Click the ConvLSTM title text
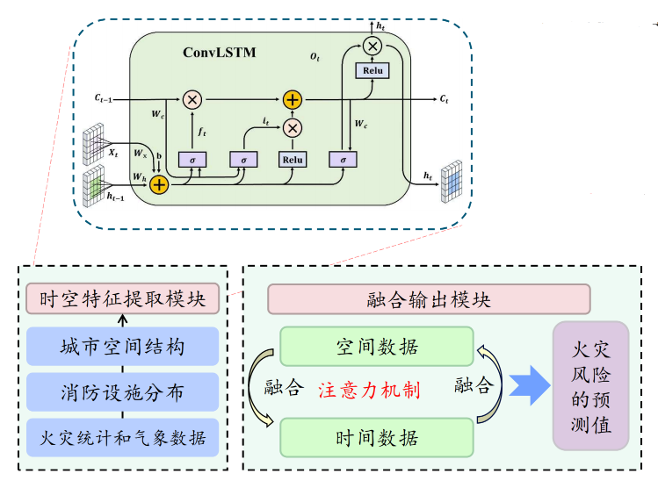[x=220, y=52]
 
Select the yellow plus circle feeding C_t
[x=292, y=99]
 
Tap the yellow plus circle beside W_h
[x=159, y=184]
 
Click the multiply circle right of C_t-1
[x=192, y=99]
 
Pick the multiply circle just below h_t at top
[x=372, y=46]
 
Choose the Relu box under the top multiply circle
[x=372, y=70]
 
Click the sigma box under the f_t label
[x=192, y=160]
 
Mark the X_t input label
[x=112, y=153]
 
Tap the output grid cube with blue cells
[x=451, y=180]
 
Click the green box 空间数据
[x=377, y=346]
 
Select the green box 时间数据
[x=377, y=437]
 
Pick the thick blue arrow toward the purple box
[x=527, y=386]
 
